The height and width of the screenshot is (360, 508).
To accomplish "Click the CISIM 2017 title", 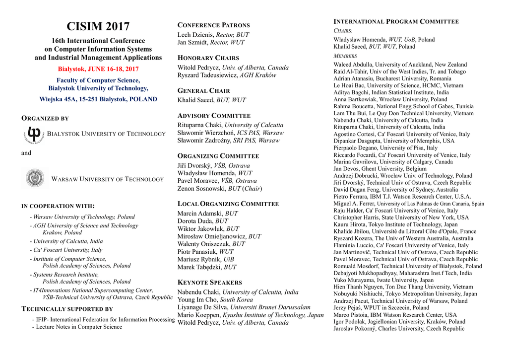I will [98, 27].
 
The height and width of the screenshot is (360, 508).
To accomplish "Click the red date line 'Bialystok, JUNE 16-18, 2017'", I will [98, 69].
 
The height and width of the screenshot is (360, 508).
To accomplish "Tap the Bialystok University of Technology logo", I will [34, 134].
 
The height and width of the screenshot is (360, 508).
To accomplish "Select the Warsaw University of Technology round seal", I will [35, 179].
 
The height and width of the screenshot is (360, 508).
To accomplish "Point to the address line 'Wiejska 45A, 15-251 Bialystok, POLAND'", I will [98, 99].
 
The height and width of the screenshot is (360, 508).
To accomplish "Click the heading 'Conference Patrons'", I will [213, 25].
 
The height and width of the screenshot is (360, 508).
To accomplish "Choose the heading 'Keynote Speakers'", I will [209, 283].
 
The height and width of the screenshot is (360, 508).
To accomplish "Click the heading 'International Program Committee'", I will [396, 22].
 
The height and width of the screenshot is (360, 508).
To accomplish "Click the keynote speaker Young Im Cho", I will [198, 300].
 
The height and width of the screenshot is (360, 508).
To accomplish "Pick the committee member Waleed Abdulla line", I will [400, 65].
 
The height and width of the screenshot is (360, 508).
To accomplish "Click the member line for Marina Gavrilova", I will [393, 162].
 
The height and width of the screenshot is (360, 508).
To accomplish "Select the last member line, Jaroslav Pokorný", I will [399, 329].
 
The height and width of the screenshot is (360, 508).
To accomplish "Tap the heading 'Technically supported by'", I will [67, 309].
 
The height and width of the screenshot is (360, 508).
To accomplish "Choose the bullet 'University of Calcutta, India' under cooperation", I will [68, 241].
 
